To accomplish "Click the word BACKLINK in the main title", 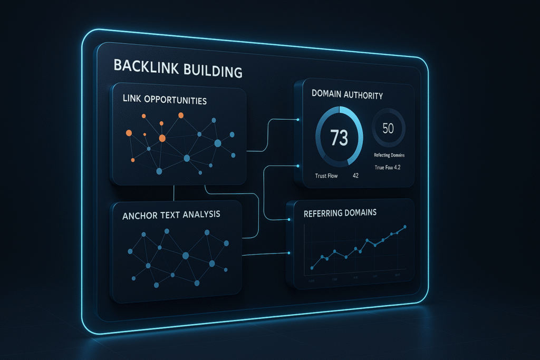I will [145, 70].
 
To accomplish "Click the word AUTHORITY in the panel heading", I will [361, 95].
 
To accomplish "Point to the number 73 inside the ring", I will [339, 138].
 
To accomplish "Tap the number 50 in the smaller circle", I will [388, 128].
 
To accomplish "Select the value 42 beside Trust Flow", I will [355, 176].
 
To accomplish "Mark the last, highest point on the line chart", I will [404, 227].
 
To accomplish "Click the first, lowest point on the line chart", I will [312, 268].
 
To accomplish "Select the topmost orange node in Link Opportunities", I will [181, 115].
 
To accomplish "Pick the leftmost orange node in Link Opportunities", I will [129, 133].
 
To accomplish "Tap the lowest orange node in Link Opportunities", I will [132, 160].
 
